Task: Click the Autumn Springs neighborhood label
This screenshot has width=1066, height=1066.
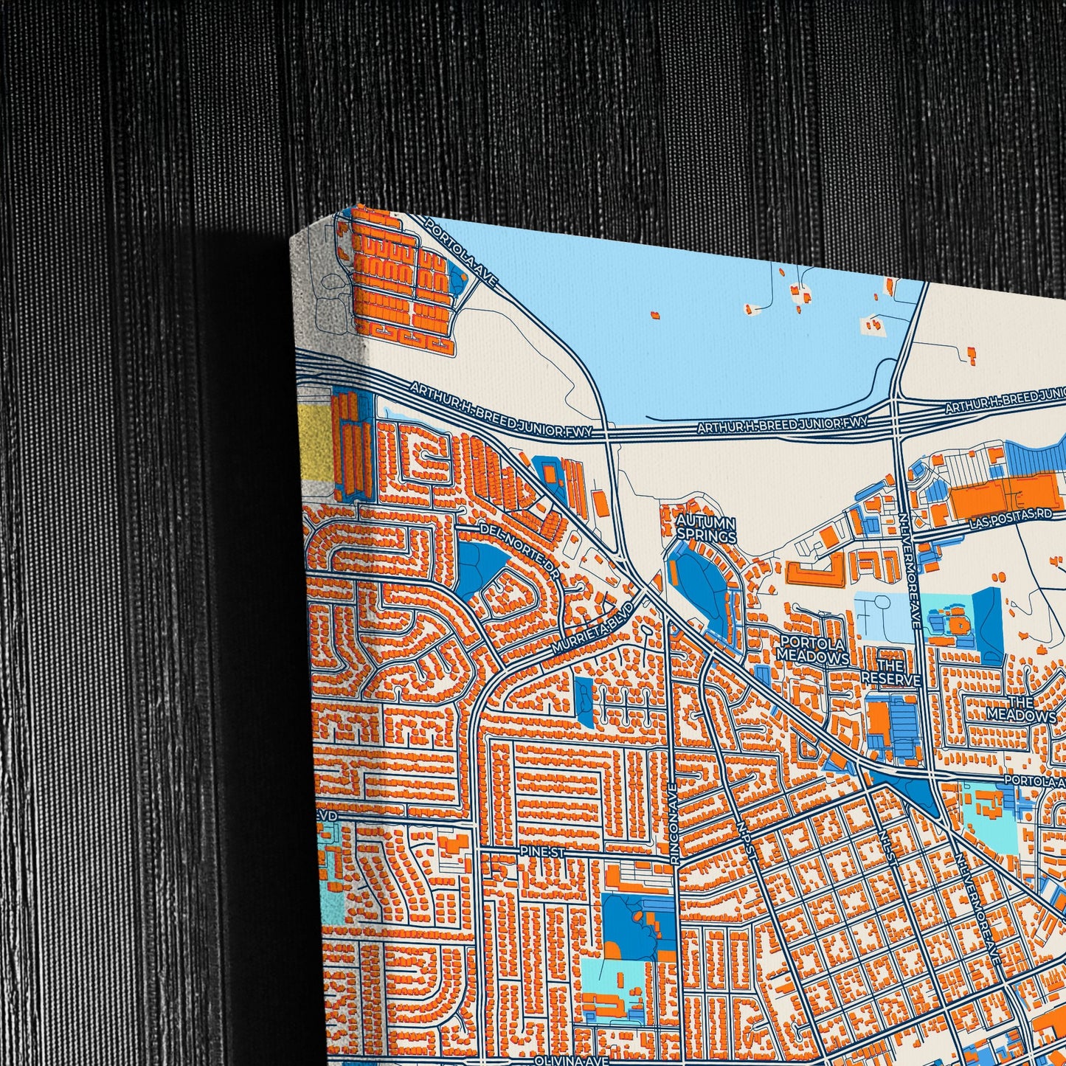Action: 706,528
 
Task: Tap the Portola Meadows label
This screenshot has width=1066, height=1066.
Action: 813,649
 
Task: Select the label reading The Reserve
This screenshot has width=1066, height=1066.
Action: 892,672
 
